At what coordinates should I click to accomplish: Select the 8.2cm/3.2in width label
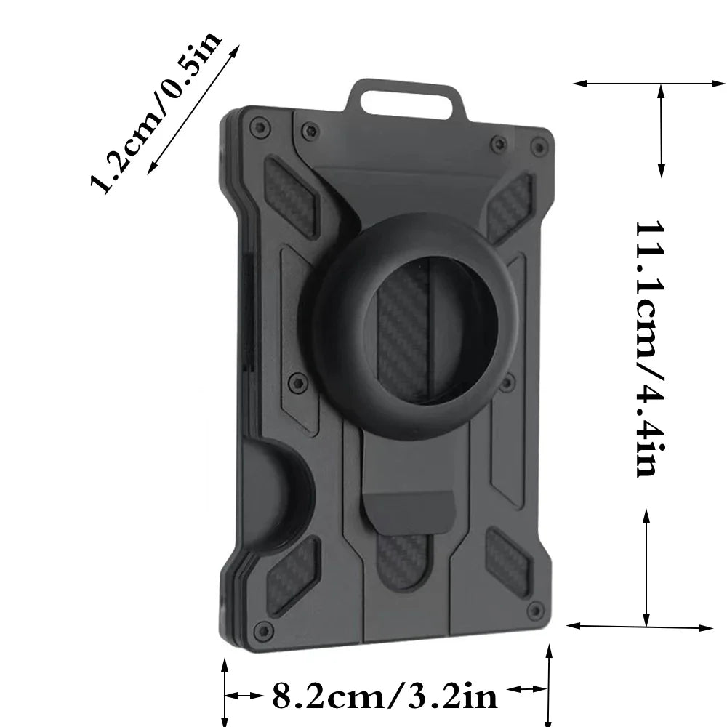pyautogui.click(x=385, y=696)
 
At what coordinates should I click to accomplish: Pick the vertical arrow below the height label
pyautogui.click(x=646, y=567)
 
